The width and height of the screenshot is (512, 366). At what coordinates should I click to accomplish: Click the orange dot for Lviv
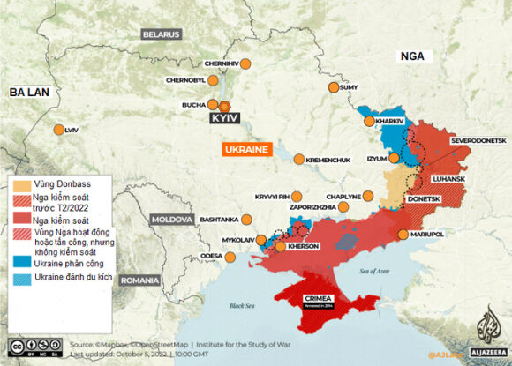[x=59, y=131]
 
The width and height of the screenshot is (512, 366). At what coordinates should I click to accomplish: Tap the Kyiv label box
[x=224, y=117]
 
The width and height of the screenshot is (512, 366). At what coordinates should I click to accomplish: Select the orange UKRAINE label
[x=246, y=150]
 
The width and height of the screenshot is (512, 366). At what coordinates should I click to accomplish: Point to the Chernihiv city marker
[x=246, y=64]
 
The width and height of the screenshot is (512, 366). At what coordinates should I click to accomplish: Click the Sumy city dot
[x=333, y=87]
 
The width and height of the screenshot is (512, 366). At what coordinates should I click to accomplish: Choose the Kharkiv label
[x=389, y=120]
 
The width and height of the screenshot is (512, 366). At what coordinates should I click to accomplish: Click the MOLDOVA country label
[x=171, y=218]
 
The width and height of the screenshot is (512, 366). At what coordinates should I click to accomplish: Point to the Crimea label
[x=317, y=298]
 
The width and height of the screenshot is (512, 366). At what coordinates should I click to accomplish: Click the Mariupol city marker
[x=403, y=235]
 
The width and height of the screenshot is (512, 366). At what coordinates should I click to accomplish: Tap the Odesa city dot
[x=231, y=258]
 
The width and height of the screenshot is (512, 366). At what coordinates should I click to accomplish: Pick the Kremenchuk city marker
[x=299, y=160]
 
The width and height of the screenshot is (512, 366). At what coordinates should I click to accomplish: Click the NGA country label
[x=412, y=56]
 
